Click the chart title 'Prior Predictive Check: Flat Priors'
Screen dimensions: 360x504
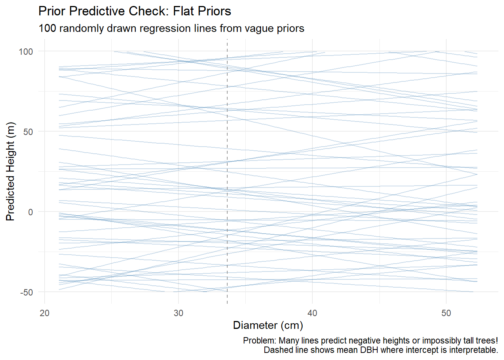[135, 11]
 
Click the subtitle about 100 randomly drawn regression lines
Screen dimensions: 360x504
[171, 28]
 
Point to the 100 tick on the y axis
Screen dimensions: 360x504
[26, 51]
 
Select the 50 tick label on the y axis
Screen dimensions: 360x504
[28, 132]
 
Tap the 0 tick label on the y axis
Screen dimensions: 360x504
[30, 212]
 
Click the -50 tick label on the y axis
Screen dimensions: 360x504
[27, 292]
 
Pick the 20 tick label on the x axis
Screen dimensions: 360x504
[45, 313]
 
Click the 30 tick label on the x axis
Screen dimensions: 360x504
[178, 313]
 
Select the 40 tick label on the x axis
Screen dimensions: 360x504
[312, 313]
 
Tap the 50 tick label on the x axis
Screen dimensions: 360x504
[446, 313]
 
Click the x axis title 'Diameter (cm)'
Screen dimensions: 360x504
[268, 325]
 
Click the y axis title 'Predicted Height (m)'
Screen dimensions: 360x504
[10, 171]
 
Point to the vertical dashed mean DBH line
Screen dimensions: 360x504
[227, 169]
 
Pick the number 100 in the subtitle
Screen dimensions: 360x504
[47, 28]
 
